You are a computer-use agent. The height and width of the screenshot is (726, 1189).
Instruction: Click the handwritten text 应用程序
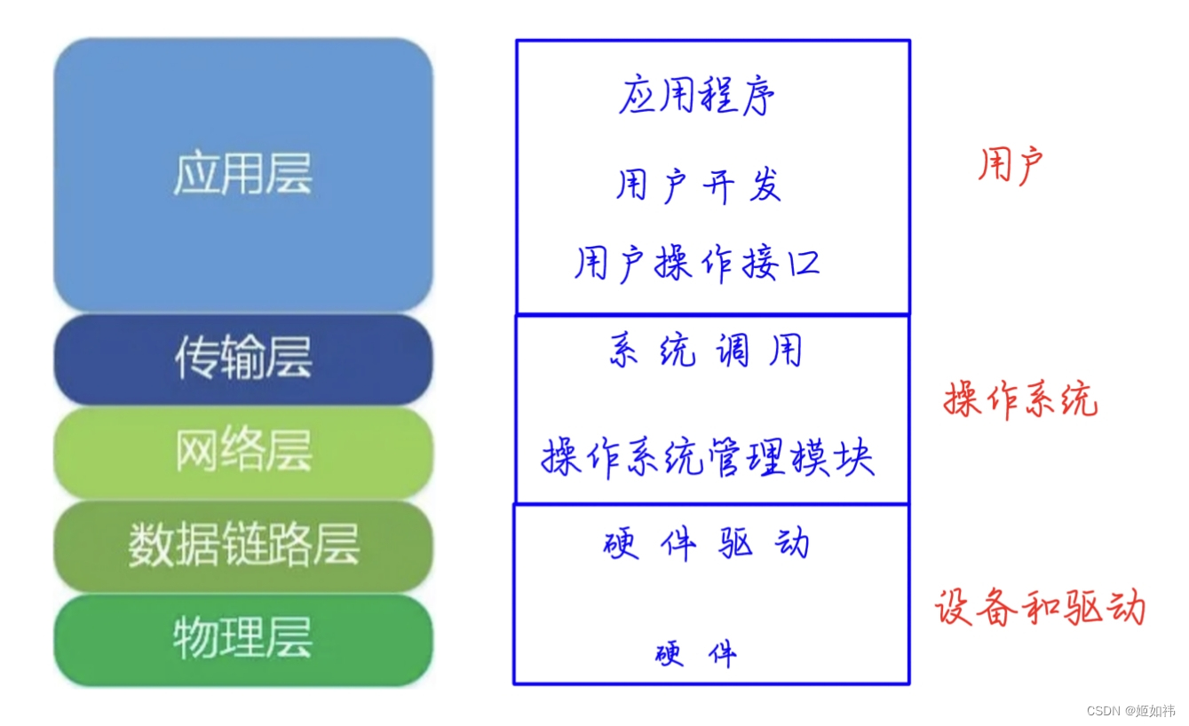[x=697, y=96]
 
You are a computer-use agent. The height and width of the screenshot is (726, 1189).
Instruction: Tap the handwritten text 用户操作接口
[x=697, y=264]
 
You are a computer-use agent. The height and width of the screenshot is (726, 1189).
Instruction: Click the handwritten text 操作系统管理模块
[x=708, y=458]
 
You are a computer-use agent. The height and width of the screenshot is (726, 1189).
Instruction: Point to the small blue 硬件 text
[x=697, y=655]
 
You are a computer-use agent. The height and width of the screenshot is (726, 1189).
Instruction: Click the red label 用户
[x=1011, y=165]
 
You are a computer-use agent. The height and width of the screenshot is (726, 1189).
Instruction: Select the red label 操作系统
[x=1021, y=400]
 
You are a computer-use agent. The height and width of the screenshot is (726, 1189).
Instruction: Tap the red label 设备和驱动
[x=1040, y=608]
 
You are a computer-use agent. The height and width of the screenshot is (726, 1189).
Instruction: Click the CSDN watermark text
[x=1130, y=710]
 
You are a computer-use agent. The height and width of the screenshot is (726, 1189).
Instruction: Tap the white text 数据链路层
[x=243, y=544]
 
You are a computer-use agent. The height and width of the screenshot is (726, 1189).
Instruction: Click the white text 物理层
[x=242, y=638]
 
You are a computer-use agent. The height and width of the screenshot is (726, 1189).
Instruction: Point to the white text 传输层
[x=242, y=359]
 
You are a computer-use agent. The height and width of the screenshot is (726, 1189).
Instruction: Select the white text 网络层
[x=242, y=452]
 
